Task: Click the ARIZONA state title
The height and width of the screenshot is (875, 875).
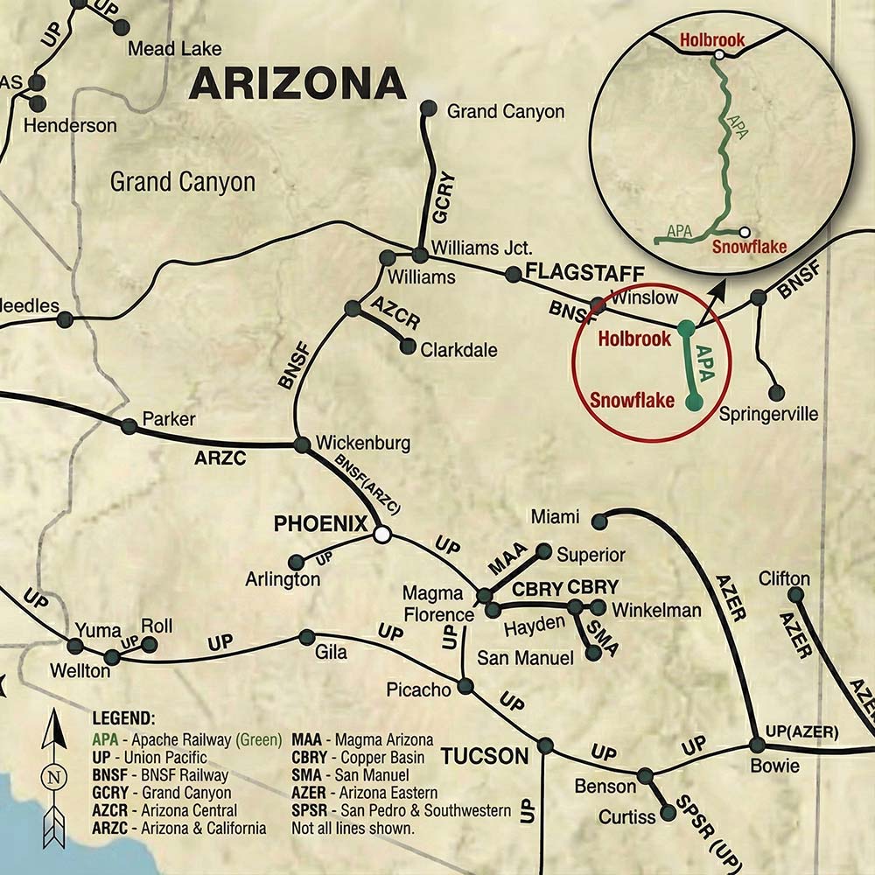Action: [x=297, y=84]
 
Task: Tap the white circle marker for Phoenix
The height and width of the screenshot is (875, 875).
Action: [x=381, y=533]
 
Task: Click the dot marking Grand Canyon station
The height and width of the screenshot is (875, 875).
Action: [x=429, y=108]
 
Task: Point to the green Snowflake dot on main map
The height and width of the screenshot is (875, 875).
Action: [x=695, y=402]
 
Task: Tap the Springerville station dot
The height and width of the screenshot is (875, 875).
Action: [x=776, y=392]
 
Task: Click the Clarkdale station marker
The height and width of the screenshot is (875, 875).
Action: [x=408, y=346]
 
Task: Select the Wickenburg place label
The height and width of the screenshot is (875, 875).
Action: [x=362, y=444]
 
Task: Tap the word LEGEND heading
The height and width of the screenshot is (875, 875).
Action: [x=123, y=718]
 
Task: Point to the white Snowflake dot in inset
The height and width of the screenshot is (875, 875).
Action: [x=744, y=233]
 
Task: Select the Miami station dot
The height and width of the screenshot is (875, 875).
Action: [x=599, y=521]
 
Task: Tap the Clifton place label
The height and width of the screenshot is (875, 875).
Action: [x=784, y=579]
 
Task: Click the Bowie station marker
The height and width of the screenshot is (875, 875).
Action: [x=757, y=745]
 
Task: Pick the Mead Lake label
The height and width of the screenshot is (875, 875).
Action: [x=175, y=49]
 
